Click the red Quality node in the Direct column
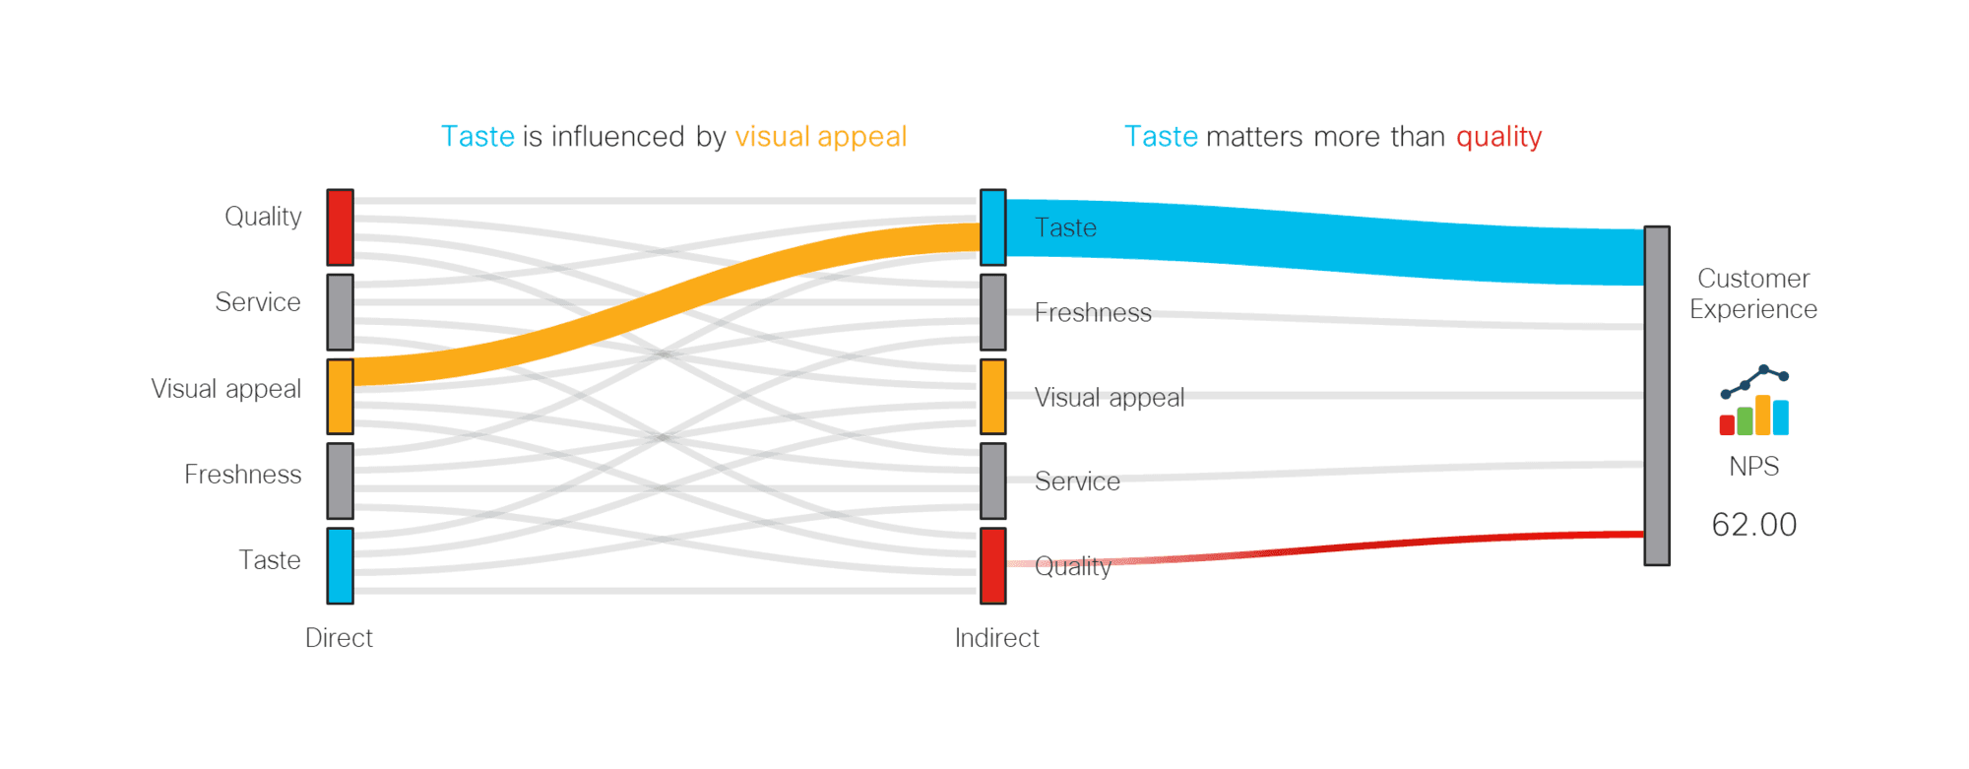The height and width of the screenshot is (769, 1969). click(x=340, y=227)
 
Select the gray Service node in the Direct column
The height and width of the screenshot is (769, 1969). click(x=340, y=312)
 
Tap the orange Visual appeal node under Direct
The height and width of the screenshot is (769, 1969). click(x=340, y=396)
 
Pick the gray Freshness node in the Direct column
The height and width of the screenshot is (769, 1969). click(x=340, y=481)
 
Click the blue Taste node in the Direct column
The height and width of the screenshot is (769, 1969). click(x=340, y=565)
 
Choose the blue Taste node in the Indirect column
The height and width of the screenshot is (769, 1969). click(x=992, y=227)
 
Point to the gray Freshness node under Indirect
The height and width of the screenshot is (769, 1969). click(x=992, y=312)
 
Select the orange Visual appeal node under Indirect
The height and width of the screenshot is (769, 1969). click(x=992, y=396)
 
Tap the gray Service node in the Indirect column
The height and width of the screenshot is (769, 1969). click(x=992, y=481)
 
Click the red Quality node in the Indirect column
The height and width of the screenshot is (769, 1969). click(x=992, y=565)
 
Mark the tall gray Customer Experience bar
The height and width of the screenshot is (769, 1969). click(x=1657, y=396)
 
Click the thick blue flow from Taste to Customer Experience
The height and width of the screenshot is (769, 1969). click(x=1324, y=241)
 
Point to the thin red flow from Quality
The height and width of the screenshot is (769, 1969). click(x=1324, y=547)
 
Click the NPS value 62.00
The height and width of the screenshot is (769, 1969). click(x=1753, y=525)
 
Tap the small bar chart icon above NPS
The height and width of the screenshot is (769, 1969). click(x=1753, y=401)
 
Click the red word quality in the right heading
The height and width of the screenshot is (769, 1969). click(x=1498, y=137)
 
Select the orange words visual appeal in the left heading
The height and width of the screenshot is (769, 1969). click(x=820, y=137)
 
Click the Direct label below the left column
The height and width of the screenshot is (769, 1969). click(x=339, y=638)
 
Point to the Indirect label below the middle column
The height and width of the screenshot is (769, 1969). click(x=996, y=638)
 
